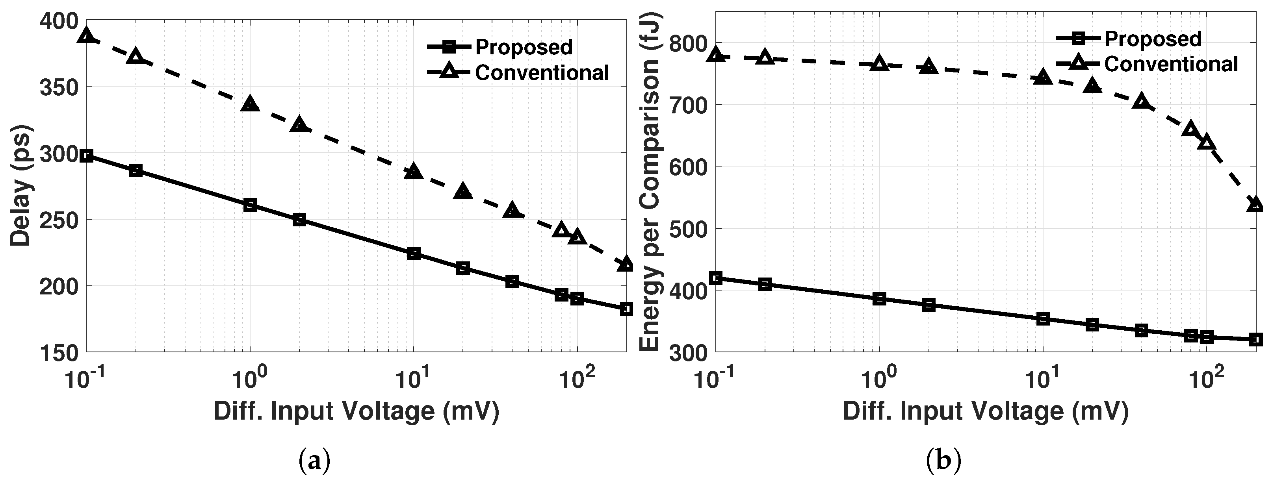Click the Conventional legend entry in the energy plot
(1170, 64)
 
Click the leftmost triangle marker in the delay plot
(87, 35)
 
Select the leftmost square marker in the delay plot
(87, 156)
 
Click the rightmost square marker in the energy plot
(1256, 339)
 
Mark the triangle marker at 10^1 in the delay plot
(413, 172)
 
